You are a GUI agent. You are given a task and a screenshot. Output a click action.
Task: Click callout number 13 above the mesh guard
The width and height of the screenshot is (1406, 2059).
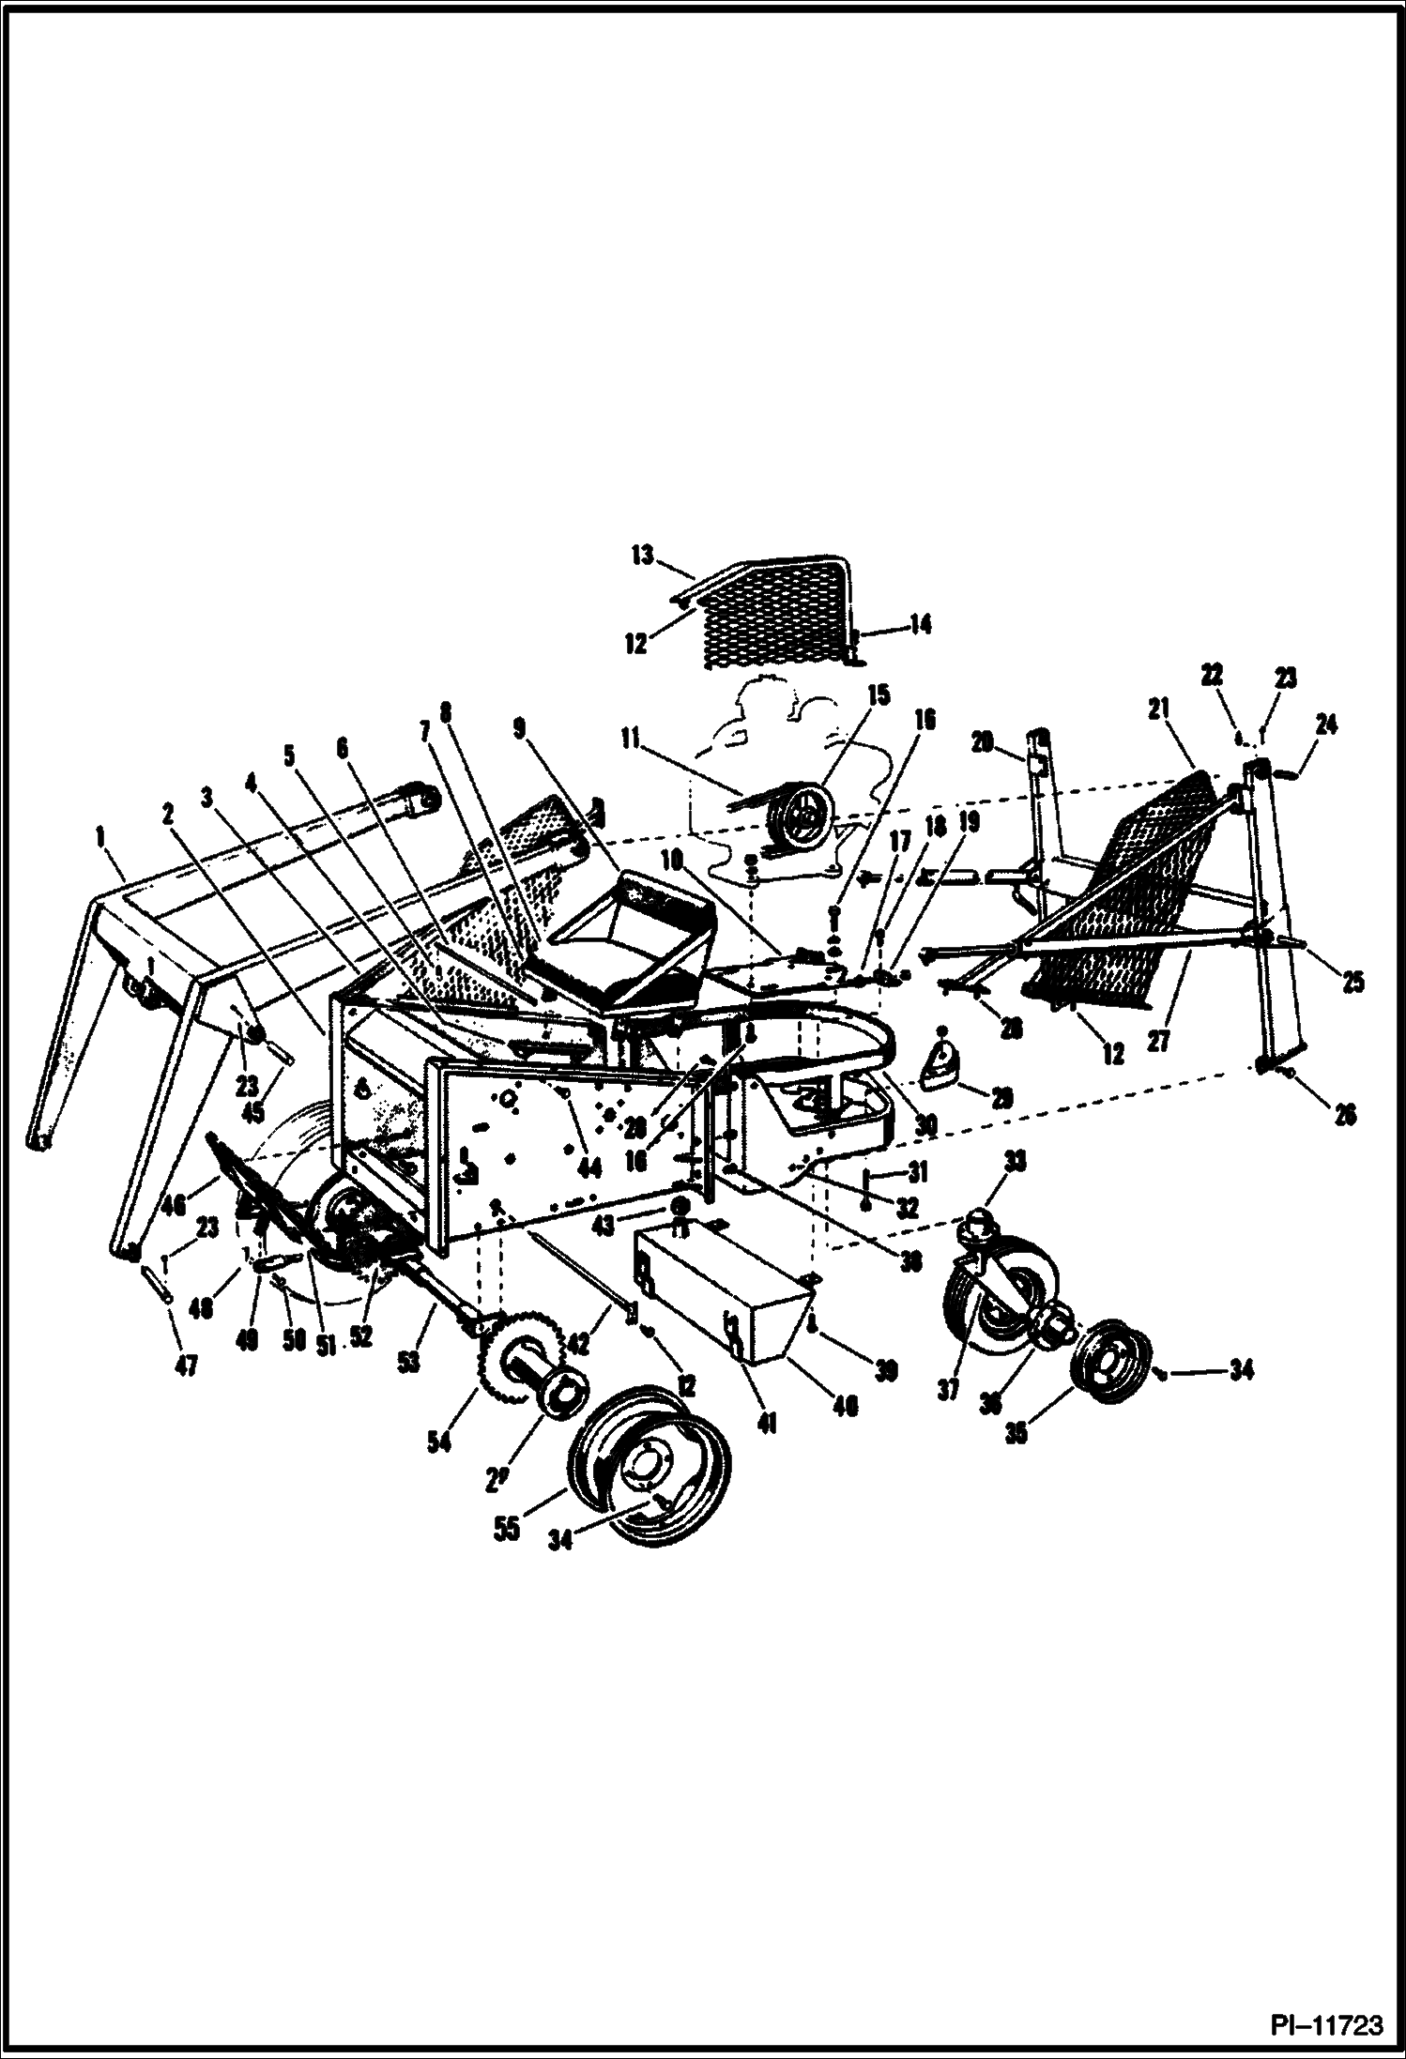[642, 556]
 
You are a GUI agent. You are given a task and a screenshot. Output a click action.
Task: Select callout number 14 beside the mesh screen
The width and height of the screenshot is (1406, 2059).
[920, 624]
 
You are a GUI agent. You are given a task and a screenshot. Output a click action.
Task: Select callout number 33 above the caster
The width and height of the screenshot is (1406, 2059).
[1014, 1162]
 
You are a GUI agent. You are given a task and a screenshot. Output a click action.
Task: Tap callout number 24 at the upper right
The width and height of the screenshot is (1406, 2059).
[1327, 724]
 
